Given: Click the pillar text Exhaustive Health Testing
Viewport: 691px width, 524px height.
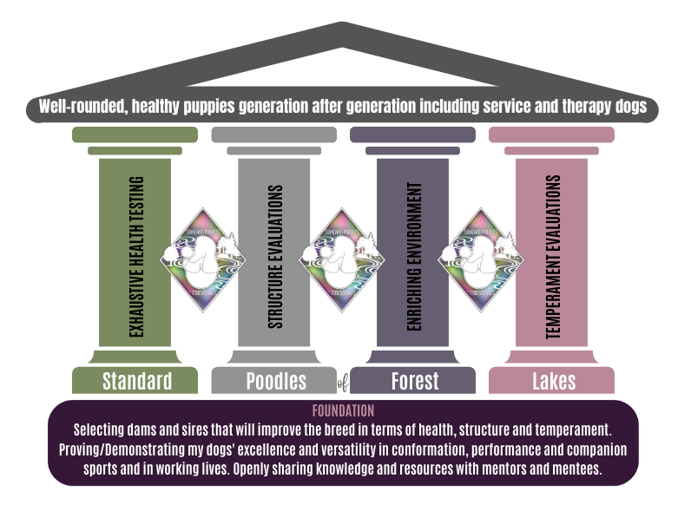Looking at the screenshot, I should (x=135, y=255).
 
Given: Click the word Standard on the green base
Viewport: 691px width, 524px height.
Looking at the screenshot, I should (x=136, y=381).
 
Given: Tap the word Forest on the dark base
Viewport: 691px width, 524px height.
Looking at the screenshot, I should (x=415, y=381).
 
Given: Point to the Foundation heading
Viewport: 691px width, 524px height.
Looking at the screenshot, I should (x=342, y=410).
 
